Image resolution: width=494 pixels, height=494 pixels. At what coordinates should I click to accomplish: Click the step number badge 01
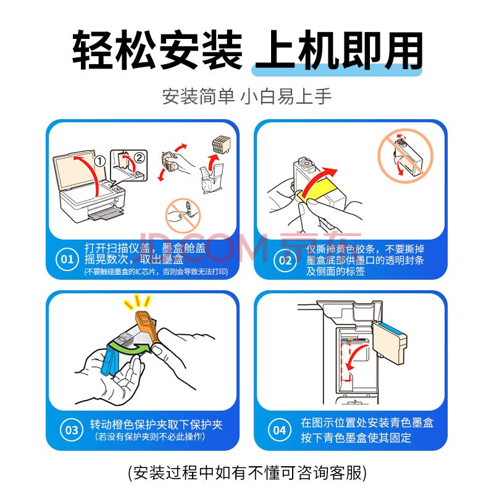coord(67,259)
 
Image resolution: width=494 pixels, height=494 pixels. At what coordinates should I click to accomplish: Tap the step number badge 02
coord(285,260)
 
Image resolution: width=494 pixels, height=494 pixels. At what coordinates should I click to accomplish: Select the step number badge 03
coord(72,430)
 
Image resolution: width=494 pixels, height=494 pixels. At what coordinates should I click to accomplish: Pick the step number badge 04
coord(280,430)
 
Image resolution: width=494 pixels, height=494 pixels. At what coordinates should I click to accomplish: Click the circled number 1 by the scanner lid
coord(100,161)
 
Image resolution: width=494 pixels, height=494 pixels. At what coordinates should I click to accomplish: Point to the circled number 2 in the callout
coord(140,157)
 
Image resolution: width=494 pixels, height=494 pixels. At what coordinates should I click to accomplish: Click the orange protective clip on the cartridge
coord(146,325)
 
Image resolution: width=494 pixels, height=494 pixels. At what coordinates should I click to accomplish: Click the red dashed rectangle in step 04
coord(346,362)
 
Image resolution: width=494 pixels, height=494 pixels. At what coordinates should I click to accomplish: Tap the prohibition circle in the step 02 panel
coord(405,156)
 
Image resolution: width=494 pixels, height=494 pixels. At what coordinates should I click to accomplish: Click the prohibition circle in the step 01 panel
coord(183,216)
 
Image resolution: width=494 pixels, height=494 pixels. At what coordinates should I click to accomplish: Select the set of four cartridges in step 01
coord(222,144)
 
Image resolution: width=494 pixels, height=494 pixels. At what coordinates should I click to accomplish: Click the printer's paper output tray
coord(106,214)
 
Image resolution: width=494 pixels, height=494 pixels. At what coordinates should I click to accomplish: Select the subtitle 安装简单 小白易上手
coord(247,96)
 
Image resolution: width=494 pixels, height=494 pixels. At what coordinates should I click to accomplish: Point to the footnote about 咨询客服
coord(248,472)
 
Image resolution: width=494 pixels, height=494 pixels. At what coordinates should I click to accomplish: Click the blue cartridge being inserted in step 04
coord(390,343)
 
